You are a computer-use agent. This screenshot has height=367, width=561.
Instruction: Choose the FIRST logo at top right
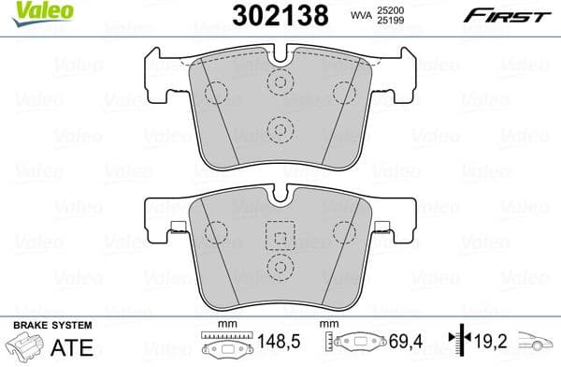(515, 15)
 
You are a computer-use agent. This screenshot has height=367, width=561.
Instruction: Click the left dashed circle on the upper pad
(216, 93)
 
